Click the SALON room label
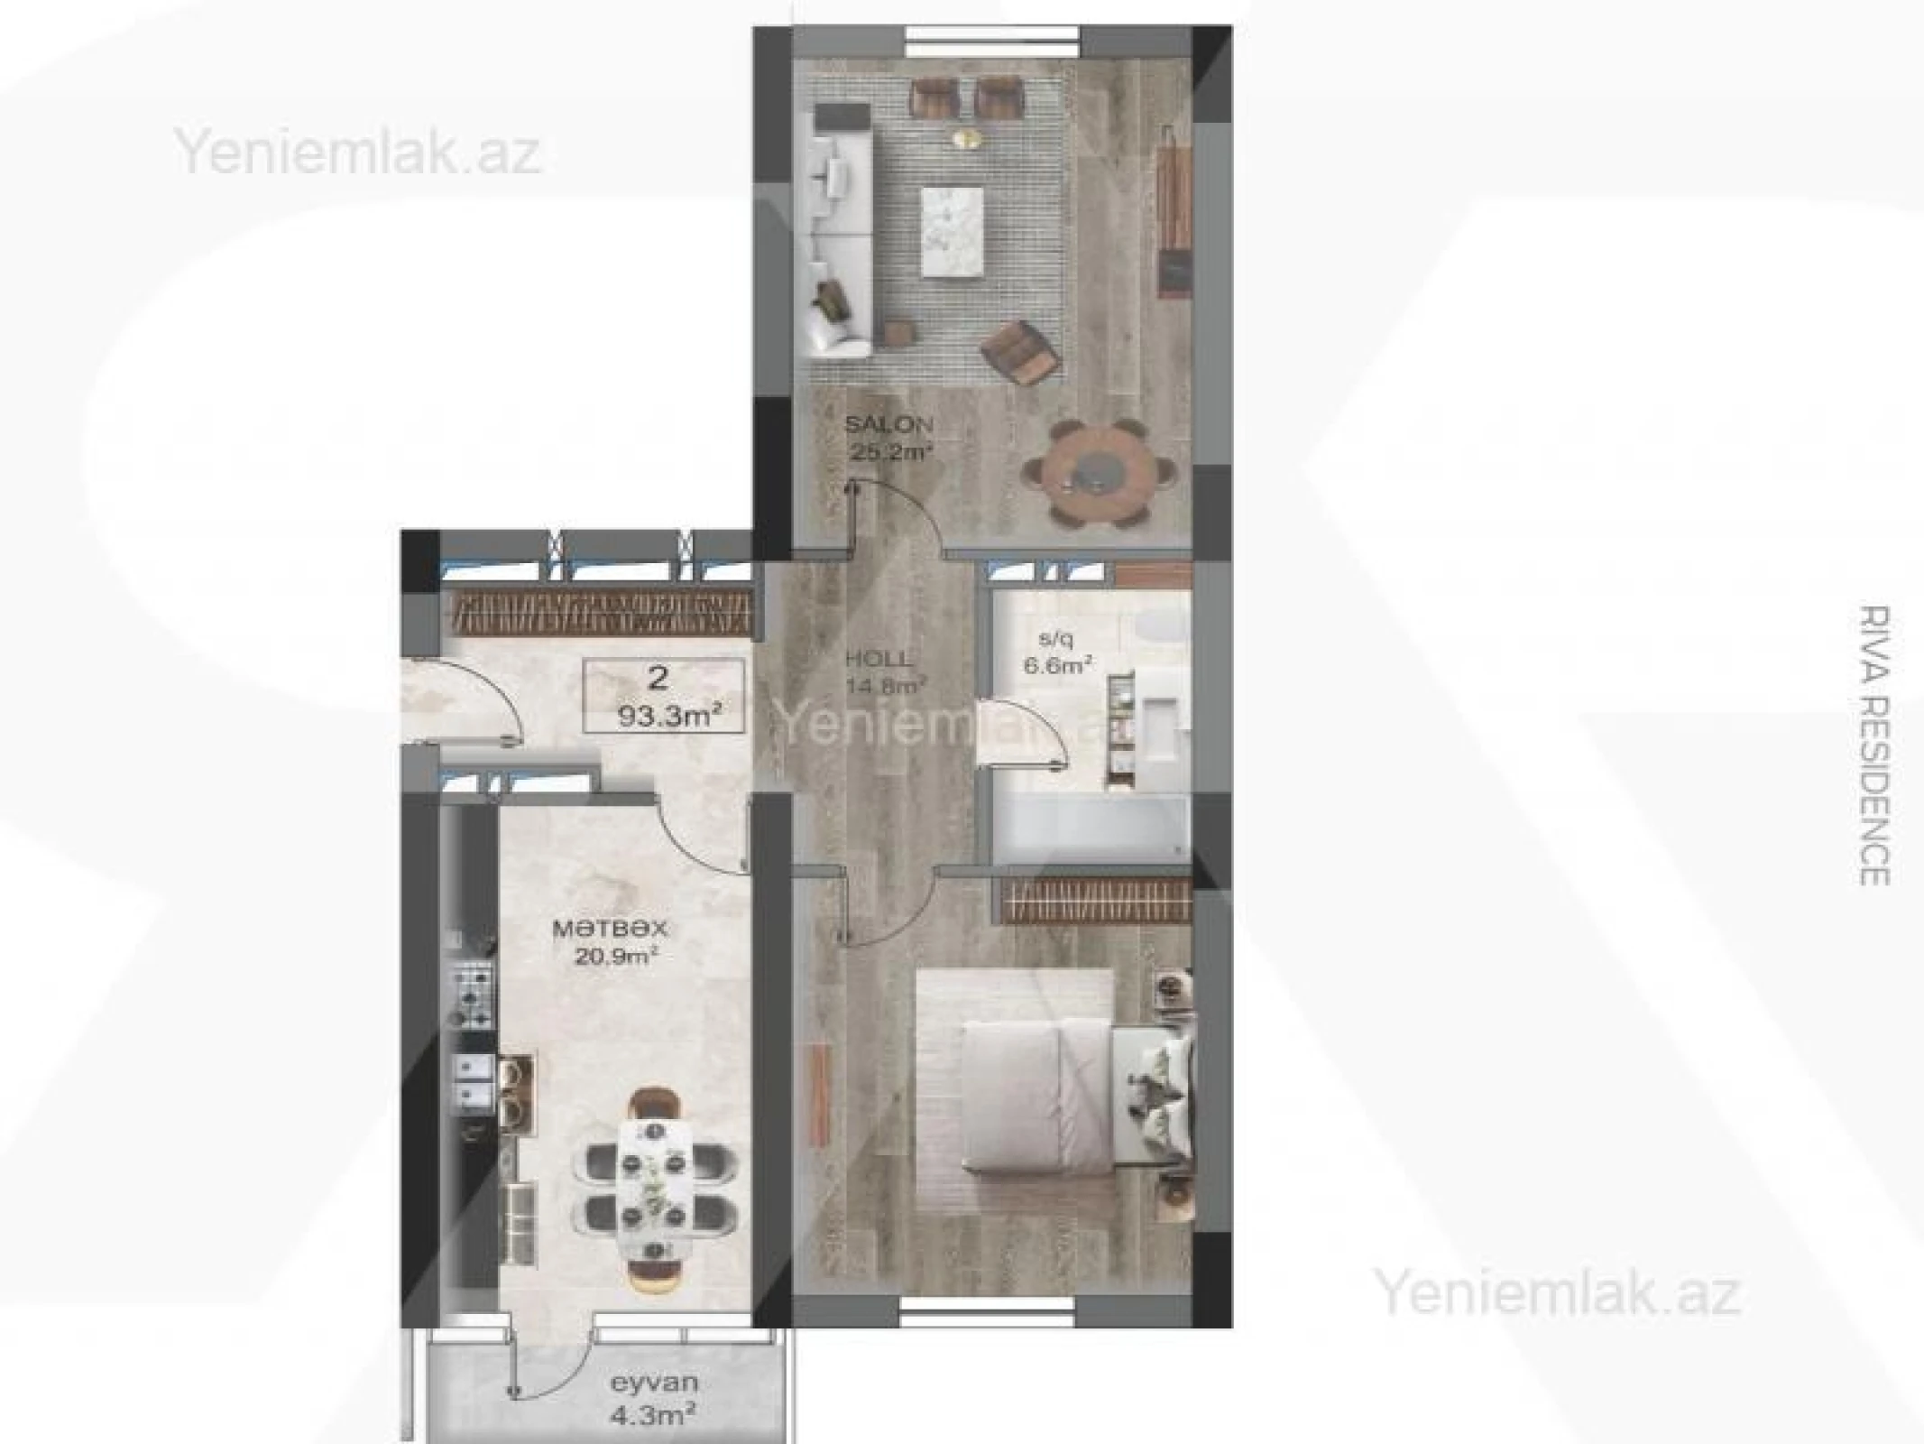coord(888,423)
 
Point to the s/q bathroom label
coord(1056,639)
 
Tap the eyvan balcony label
coord(653,1383)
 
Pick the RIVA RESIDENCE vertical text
coord(1874,745)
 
